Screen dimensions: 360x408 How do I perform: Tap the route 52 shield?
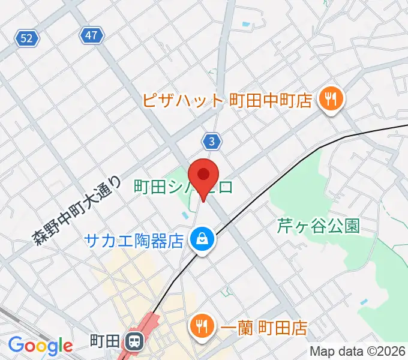pos(26,39)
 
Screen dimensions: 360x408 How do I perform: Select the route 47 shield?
pos(91,35)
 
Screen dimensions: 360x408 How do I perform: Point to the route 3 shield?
pos(212,141)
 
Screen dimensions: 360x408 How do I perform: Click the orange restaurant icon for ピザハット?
pos(330,98)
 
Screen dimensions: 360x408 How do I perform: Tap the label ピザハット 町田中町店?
pos(227,100)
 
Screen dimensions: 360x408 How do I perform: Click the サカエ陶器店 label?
pos(133,241)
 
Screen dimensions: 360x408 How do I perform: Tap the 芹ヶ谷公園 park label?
pos(318,226)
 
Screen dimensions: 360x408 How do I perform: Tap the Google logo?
pos(40,346)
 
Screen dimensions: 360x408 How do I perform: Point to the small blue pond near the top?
pos(245,25)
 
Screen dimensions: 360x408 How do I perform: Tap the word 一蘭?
pos(232,328)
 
